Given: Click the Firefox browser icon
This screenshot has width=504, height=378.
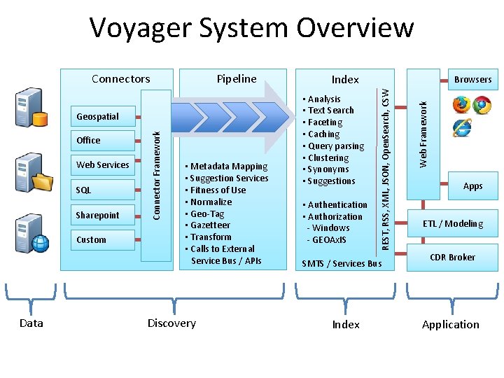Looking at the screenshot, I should click(461, 104).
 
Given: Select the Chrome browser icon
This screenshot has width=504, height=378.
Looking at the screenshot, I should click(482, 104).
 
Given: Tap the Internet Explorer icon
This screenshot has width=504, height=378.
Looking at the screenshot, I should click(462, 128).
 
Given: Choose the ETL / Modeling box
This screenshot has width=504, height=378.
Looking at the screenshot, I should click(452, 223).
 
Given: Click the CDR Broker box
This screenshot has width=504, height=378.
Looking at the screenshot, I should click(452, 257).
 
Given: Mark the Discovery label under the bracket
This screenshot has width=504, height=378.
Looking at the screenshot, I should click(171, 323).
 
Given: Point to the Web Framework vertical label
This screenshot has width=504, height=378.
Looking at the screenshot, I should click(423, 134).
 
